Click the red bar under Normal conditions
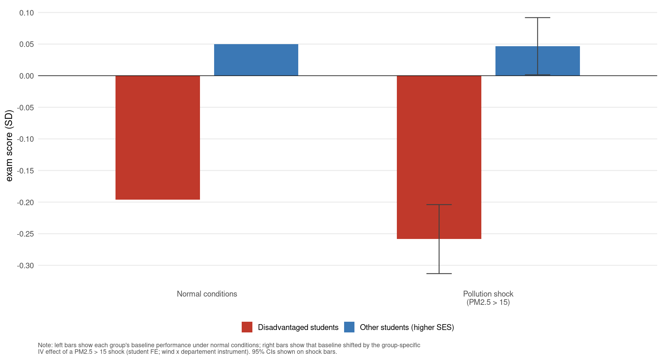[x=158, y=138]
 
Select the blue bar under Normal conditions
[x=256, y=60]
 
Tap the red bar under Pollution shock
[x=439, y=157]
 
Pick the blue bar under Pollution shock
[x=538, y=61]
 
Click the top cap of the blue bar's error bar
[x=538, y=18]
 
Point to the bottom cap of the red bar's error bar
[x=439, y=273]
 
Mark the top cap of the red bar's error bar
[x=439, y=204]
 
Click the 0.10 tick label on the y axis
[x=27, y=13]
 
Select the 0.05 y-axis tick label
[x=27, y=44]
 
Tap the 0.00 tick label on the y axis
[x=27, y=76]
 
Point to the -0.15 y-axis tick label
[x=26, y=171]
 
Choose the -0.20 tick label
[x=26, y=202]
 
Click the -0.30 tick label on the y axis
[x=26, y=266]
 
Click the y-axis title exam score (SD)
[x=9, y=146]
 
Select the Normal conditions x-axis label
[x=207, y=294]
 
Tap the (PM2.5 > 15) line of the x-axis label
[x=488, y=302]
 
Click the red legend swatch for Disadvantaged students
[x=247, y=327]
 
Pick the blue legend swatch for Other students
[x=349, y=327]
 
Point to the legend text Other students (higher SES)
[x=407, y=327]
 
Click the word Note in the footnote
[x=44, y=345]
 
